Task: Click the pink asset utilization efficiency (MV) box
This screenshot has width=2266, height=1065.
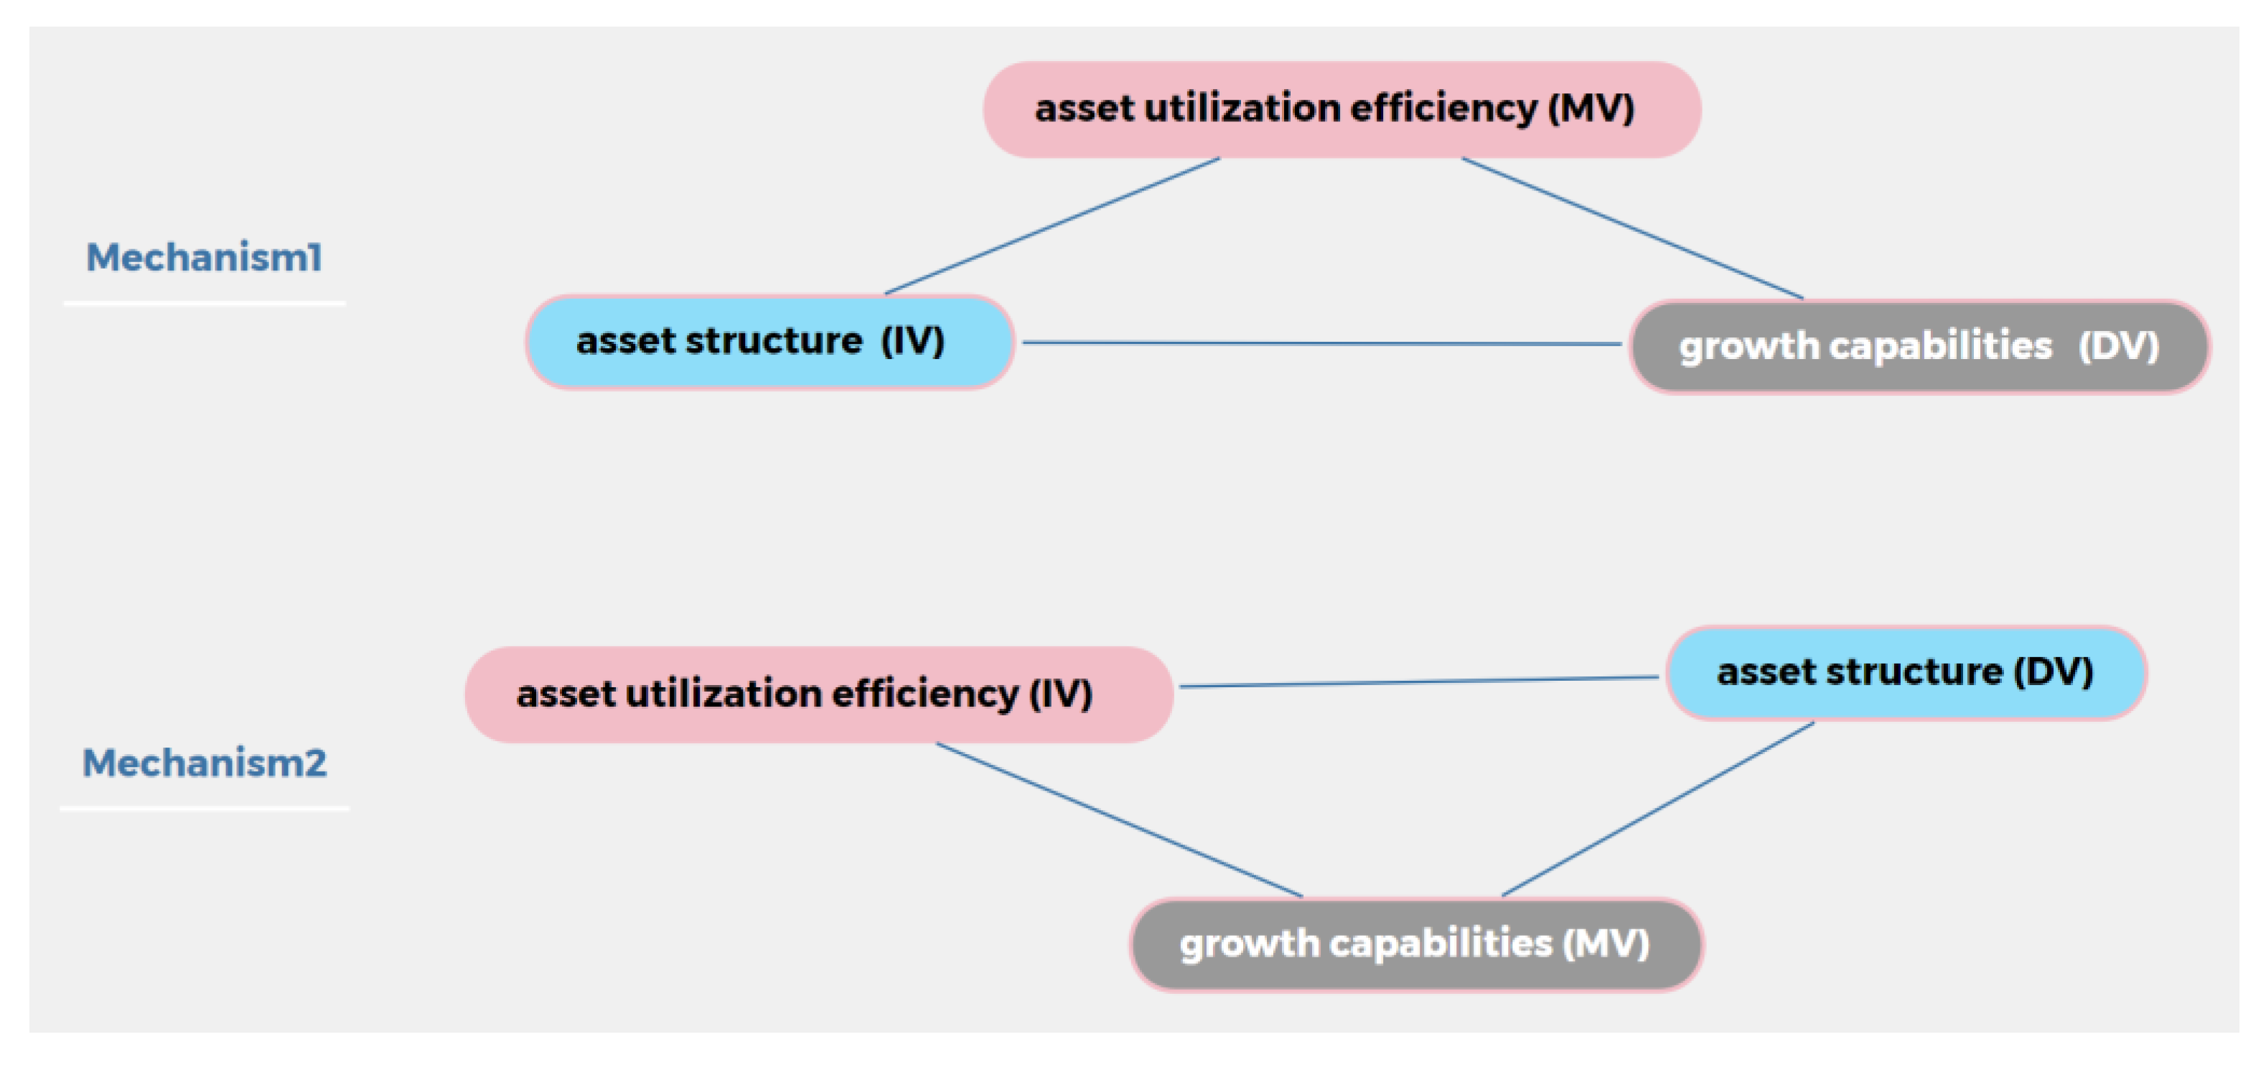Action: [x=1342, y=110]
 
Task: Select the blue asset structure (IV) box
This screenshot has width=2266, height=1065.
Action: [x=769, y=343]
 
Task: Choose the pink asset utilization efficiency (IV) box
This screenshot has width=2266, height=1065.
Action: [x=818, y=694]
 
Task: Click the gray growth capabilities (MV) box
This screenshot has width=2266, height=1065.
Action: [x=1415, y=944]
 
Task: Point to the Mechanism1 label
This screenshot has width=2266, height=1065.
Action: [x=204, y=258]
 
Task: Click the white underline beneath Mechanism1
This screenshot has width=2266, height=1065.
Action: [x=204, y=304]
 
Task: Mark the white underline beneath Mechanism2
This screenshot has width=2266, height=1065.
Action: [x=204, y=808]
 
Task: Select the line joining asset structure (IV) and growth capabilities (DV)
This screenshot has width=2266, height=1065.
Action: [x=1319, y=343]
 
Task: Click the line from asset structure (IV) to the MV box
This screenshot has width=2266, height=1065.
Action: [x=1052, y=226]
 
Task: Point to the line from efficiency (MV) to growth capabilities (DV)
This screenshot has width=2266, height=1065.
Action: [x=1631, y=228]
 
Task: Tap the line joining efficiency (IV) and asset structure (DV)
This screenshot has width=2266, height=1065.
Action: [x=1418, y=682]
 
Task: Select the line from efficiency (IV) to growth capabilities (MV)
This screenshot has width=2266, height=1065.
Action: [x=1119, y=819]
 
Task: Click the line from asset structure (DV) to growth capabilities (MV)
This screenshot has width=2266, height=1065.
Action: [x=1657, y=809]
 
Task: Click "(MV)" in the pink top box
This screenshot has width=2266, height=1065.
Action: [x=1591, y=109]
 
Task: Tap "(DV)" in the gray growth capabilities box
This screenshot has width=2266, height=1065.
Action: [x=2118, y=347]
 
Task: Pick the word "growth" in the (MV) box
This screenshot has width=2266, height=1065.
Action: [x=1249, y=944]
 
